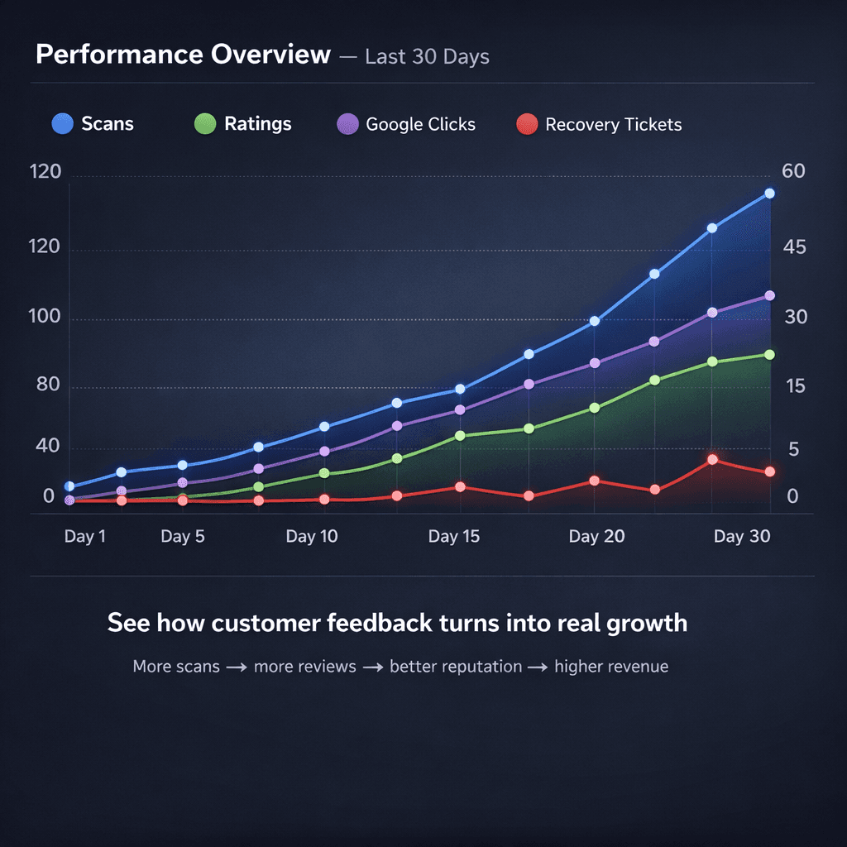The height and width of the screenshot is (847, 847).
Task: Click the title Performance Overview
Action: click(x=183, y=55)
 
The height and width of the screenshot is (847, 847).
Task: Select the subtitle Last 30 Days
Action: click(x=427, y=57)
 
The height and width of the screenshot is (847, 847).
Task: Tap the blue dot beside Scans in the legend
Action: click(x=63, y=124)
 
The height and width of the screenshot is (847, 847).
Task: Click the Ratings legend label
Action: click(x=257, y=124)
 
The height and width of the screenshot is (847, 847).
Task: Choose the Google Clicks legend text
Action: click(x=420, y=125)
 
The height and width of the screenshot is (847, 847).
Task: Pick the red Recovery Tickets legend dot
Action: click(x=527, y=124)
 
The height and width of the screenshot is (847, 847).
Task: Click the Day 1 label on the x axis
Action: click(x=84, y=537)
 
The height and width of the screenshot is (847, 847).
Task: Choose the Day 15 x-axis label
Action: click(x=453, y=537)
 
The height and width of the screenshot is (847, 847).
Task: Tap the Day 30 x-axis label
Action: click(x=741, y=537)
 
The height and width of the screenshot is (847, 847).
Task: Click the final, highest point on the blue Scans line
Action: click(x=769, y=194)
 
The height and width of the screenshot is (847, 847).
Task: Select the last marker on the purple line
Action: click(x=769, y=296)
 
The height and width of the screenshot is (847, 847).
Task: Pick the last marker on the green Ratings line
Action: click(x=769, y=355)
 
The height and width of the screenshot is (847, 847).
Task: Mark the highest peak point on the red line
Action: click(x=712, y=460)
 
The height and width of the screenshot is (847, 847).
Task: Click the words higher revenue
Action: click(x=611, y=667)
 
